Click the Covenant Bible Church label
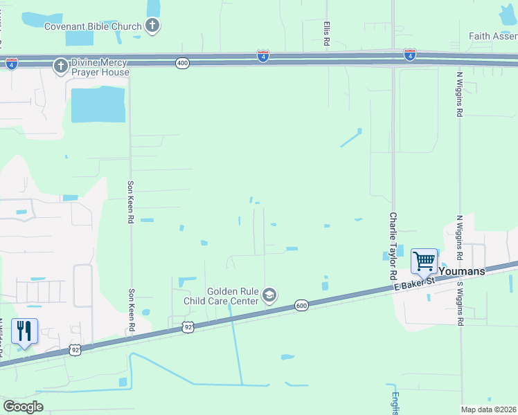93,26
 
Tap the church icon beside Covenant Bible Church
152,26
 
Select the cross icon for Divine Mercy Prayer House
60,66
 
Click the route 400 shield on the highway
182,63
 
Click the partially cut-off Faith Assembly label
492,37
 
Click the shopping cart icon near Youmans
424,261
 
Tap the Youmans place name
461,271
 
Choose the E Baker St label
414,282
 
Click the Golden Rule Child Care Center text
220,296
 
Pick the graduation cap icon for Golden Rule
269,296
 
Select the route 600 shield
301,305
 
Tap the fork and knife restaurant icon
24,331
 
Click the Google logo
24,406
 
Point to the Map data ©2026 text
488,409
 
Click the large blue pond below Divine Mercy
98,105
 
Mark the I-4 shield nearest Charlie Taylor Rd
410,54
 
